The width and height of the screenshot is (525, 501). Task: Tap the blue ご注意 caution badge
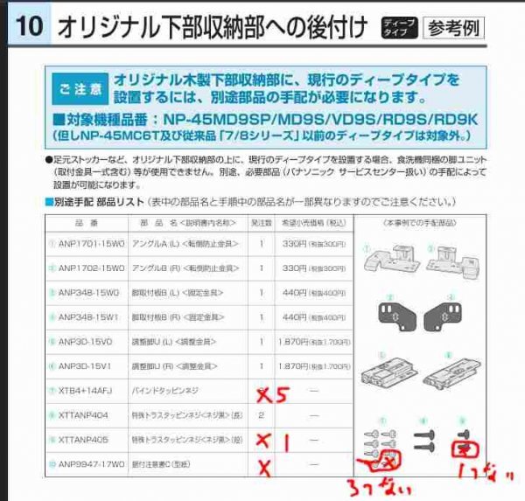click(79, 87)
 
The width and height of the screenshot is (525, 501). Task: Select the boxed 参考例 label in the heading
click(452, 27)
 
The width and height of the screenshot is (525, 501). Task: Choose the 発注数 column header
click(261, 223)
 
